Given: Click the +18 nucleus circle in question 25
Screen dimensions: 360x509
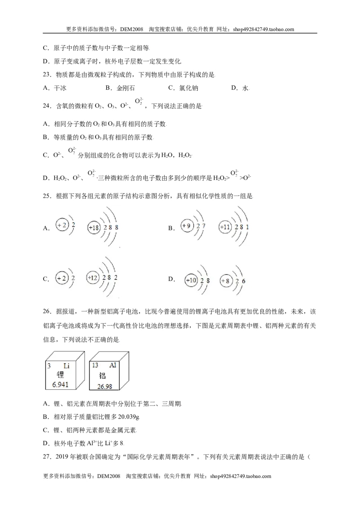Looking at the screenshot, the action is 94,228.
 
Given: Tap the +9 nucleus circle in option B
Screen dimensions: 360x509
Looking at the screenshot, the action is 186,226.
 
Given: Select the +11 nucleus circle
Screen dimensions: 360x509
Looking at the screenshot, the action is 225,227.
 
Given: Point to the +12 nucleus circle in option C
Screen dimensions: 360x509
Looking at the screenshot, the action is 93,278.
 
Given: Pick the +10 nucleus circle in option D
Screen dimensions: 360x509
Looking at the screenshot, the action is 191,280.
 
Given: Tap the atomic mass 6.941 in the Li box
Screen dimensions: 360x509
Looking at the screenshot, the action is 60,384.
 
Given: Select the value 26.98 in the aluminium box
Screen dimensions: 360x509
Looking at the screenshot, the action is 104,386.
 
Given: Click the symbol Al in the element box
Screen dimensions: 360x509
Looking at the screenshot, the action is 112,366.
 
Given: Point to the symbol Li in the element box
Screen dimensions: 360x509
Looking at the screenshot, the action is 66,366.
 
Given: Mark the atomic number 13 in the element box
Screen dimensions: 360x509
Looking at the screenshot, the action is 95,366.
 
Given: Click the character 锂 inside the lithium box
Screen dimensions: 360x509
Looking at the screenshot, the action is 60,375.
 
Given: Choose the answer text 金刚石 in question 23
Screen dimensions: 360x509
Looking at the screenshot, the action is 126,88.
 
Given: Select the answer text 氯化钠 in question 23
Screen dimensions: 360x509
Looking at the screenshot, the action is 189,88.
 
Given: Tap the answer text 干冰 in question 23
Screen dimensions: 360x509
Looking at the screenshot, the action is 60,88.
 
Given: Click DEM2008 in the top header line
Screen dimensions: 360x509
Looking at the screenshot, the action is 131,29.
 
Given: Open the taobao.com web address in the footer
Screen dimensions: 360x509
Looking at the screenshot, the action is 240,476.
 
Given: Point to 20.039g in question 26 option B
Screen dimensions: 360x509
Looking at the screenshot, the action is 129,417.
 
